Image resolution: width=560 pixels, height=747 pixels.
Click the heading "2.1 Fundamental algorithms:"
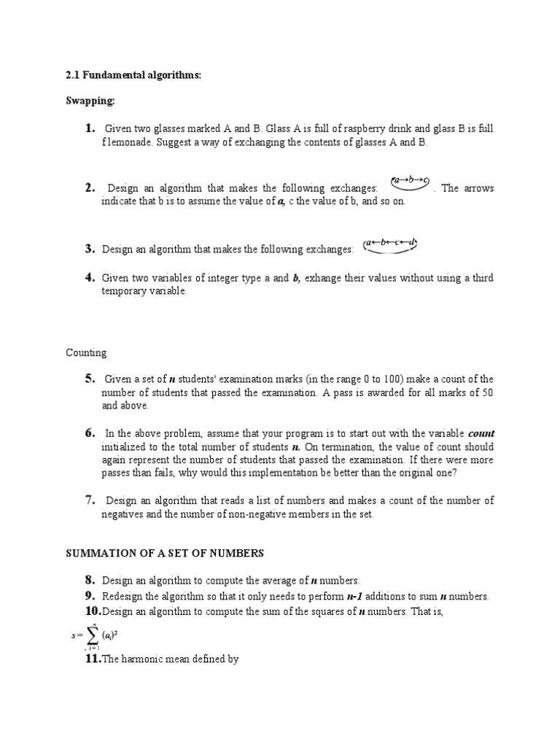pyautogui.click(x=133, y=76)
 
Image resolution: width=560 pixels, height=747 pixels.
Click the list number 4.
pyautogui.click(x=90, y=278)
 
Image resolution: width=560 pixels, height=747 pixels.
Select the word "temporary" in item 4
pyautogui.click(x=124, y=291)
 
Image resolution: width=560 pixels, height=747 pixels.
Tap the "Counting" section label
pyautogui.click(x=86, y=353)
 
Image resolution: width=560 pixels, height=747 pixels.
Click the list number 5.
pyautogui.click(x=90, y=378)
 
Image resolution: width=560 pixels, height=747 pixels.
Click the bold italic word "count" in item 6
pyautogui.click(x=481, y=433)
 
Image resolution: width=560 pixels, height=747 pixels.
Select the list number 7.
pyautogui.click(x=90, y=500)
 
